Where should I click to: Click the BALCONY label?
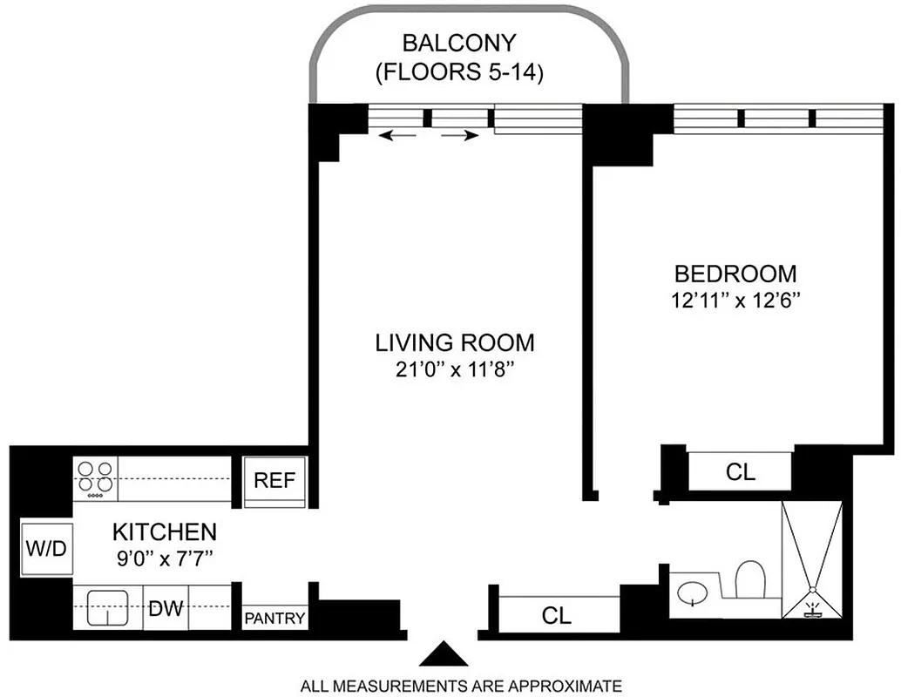(x=458, y=43)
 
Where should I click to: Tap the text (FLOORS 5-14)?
(x=458, y=72)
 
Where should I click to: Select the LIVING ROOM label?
(x=454, y=342)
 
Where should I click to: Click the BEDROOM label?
(x=735, y=274)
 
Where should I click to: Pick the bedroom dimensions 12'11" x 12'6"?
(x=735, y=301)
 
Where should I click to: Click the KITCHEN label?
(x=164, y=531)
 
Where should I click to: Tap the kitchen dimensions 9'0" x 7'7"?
(x=164, y=557)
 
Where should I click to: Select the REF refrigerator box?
(x=274, y=480)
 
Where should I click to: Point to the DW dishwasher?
(x=166, y=607)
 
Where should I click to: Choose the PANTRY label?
(x=274, y=619)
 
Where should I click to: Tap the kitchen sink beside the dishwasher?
(x=108, y=607)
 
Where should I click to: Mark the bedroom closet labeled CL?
(x=740, y=472)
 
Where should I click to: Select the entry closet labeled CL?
(x=556, y=615)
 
